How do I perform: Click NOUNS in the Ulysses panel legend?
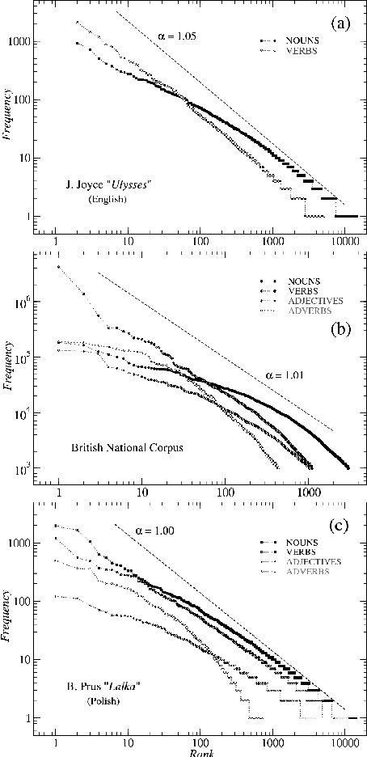click(306, 39)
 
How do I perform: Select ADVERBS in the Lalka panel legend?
click(306, 572)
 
